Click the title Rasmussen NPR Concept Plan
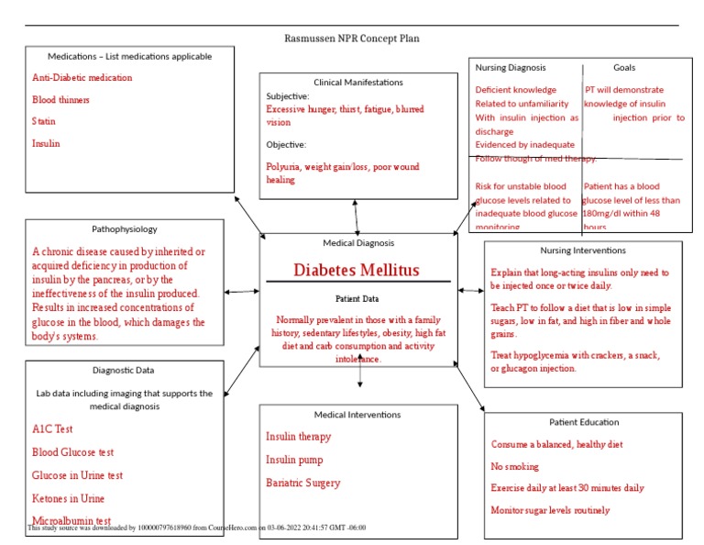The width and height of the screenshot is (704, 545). point(353,39)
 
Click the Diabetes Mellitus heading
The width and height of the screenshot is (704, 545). point(357,270)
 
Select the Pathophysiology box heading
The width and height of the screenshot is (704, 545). point(125,229)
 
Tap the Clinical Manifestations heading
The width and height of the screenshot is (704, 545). point(357,83)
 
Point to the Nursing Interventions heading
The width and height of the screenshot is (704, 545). point(583,250)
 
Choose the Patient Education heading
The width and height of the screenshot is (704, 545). point(584,422)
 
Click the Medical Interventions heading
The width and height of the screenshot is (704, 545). point(357,415)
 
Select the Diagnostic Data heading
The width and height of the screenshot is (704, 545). point(124,371)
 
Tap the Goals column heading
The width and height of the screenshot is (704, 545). point(624,67)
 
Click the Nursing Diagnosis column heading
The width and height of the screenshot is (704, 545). point(511,67)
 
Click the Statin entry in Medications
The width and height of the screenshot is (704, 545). point(45,121)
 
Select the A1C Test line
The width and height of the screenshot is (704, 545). point(52,428)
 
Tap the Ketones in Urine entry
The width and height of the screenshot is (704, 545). point(68,498)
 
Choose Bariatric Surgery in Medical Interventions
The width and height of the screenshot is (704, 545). point(302,483)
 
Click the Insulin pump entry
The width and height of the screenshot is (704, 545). point(294,460)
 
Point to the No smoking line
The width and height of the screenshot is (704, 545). point(515,466)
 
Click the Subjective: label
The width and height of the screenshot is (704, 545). point(288,95)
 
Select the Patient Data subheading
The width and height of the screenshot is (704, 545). point(357,299)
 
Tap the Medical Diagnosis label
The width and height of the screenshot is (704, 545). point(358,243)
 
